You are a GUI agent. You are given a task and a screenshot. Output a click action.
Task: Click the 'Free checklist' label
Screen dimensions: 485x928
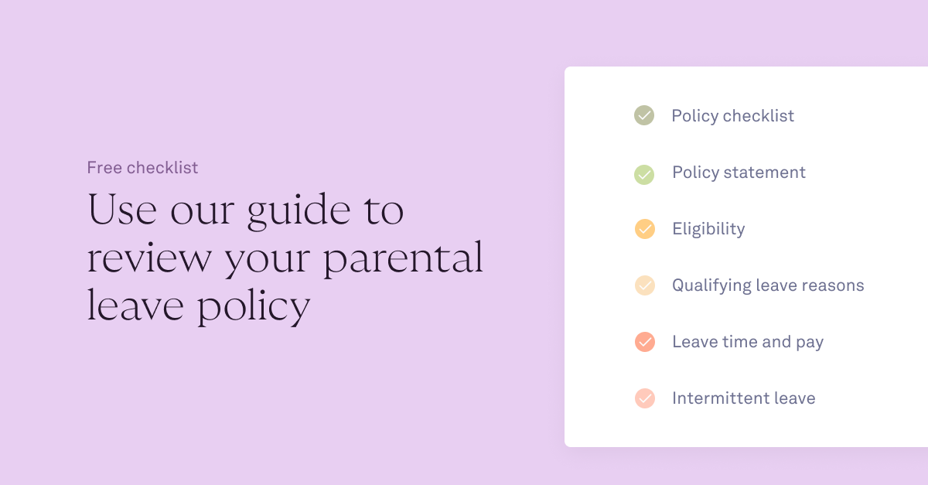142,167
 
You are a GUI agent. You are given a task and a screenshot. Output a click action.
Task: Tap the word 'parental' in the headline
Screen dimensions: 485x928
403,259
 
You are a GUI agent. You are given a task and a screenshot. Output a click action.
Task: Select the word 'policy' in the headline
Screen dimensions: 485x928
253,307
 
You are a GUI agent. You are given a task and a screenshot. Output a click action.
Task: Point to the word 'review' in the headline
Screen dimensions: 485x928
149,259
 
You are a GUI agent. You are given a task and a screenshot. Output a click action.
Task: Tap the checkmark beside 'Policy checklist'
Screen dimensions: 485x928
644,116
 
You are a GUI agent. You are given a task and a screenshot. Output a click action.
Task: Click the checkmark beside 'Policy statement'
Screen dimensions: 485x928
644,173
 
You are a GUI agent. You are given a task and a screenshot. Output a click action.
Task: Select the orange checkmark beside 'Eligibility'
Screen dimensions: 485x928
644,229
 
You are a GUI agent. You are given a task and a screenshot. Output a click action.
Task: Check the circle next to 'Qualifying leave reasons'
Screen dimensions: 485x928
644,285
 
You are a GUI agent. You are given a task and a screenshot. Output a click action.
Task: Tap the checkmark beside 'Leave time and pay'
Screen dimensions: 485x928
644,342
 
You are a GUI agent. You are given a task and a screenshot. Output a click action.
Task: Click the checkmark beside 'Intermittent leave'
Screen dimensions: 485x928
644,398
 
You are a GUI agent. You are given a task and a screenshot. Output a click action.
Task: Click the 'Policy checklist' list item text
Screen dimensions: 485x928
732,116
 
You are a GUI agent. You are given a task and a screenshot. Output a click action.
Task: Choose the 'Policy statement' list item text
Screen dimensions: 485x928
739,172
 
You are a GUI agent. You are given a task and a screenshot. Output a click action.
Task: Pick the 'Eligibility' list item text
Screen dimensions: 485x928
708,229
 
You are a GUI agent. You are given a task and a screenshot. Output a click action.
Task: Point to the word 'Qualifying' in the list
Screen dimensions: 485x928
711,286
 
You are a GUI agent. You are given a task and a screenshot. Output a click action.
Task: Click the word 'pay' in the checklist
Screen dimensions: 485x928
810,343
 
